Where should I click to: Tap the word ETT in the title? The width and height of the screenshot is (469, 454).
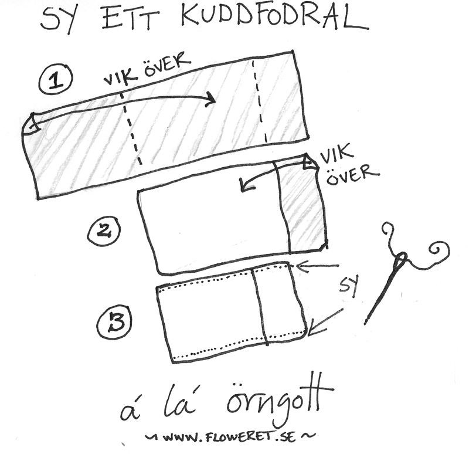[x=134, y=19]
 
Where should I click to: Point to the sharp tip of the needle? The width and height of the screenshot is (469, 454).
[x=366, y=322]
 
